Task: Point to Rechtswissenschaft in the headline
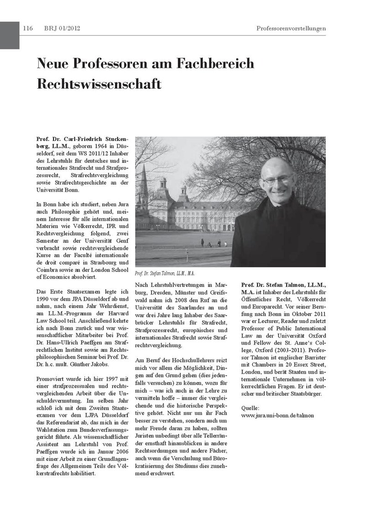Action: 99,84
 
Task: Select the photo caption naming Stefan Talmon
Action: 165,273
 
